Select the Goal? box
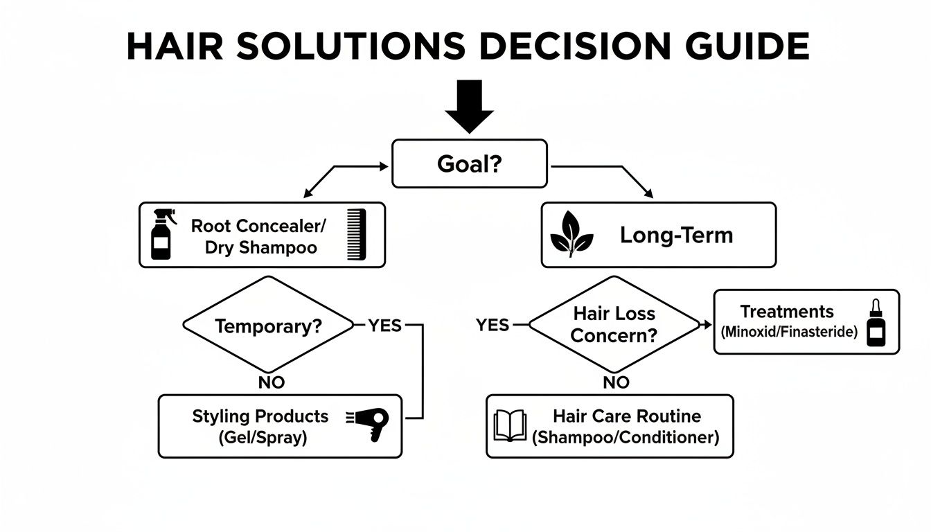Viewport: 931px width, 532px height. point(469,163)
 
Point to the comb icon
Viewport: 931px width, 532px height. point(355,236)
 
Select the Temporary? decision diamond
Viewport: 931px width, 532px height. point(268,326)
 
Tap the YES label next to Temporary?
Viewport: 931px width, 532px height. point(384,325)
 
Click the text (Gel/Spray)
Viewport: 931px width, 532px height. point(262,438)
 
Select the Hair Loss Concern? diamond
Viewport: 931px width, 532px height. point(614,323)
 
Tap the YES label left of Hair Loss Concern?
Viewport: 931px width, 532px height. point(493,325)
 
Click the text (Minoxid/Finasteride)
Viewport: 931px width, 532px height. point(788,332)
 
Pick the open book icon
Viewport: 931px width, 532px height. point(509,425)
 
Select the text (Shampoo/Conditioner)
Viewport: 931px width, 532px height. point(626,438)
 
